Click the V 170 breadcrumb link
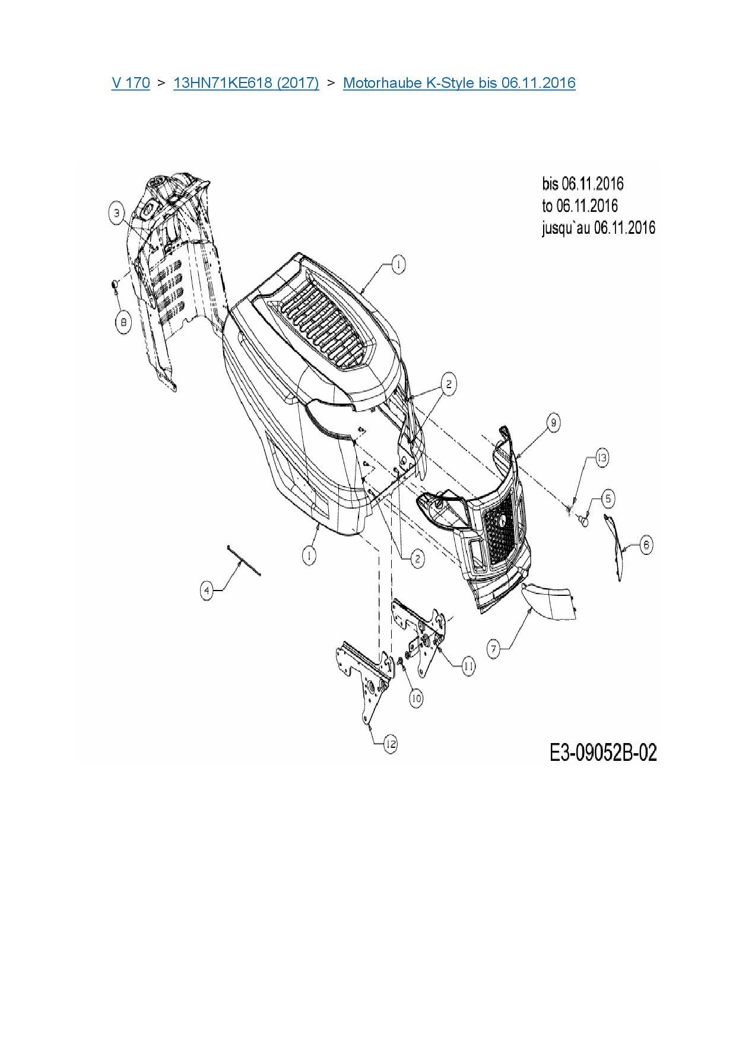(131, 82)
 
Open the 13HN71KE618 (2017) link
(246, 82)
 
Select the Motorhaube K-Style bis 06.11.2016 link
(459, 82)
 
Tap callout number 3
(117, 212)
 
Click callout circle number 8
(123, 322)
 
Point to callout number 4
(207, 591)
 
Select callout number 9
(553, 423)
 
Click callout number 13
(602, 458)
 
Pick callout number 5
(608, 499)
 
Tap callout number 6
(646, 545)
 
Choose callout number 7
(494, 649)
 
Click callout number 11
(468, 666)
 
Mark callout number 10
(416, 699)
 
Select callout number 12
(390, 744)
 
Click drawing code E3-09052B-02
(603, 753)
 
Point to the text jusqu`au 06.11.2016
(598, 228)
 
